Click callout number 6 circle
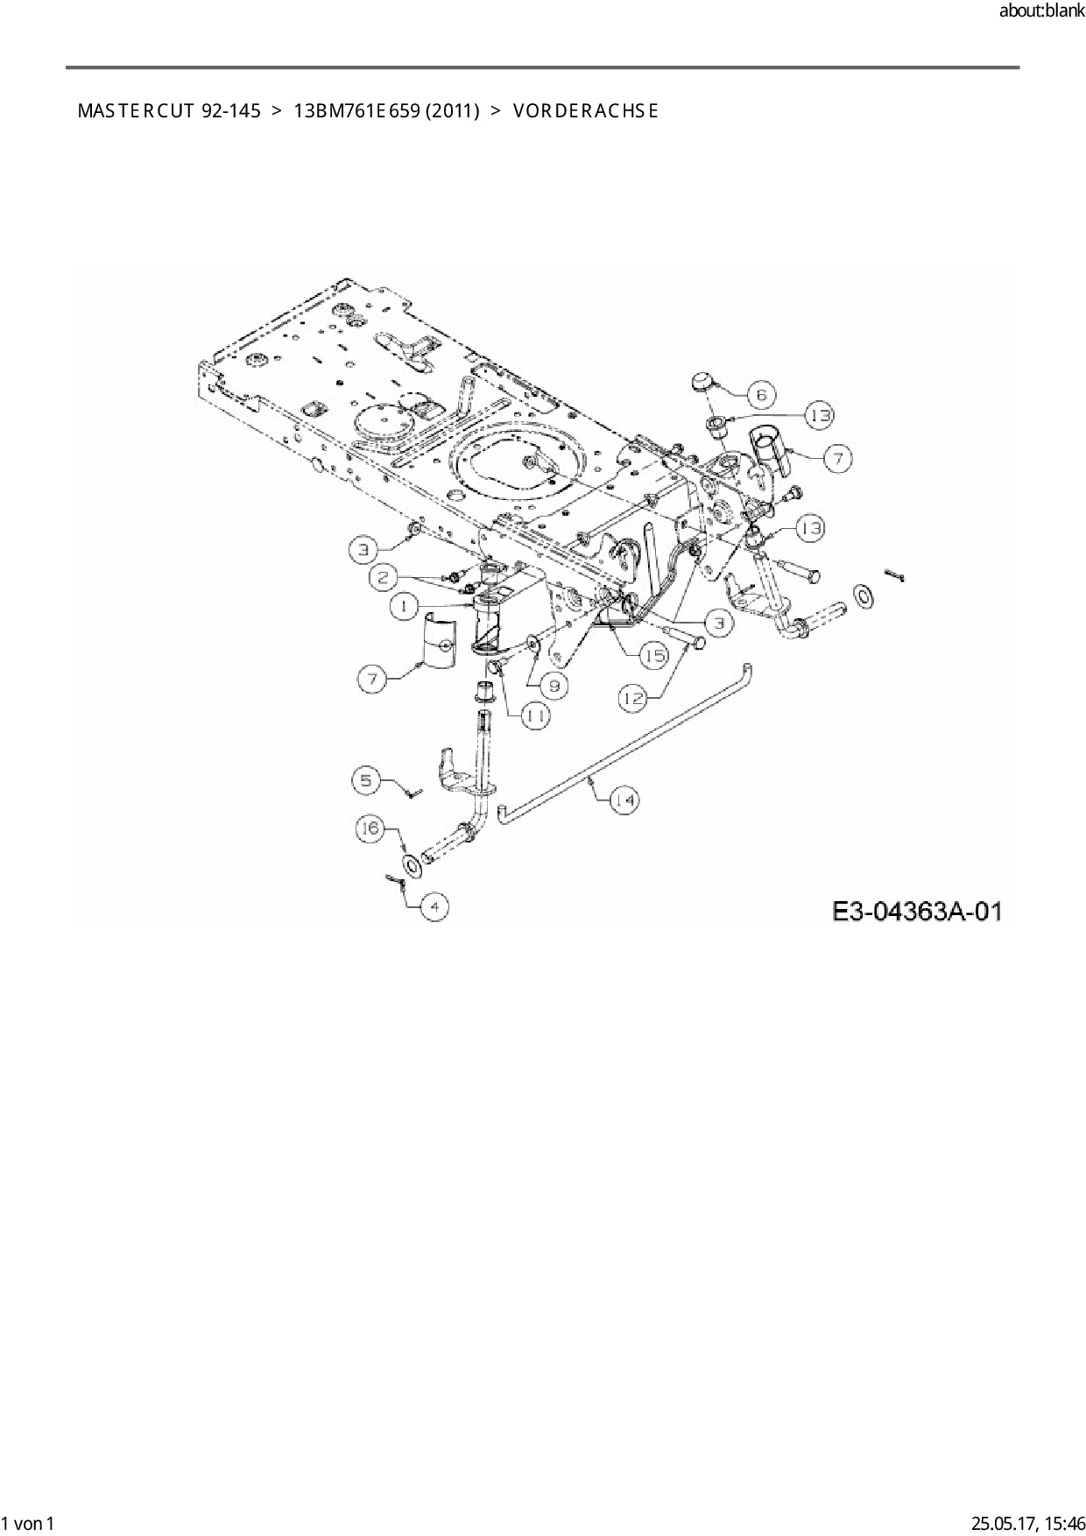point(761,395)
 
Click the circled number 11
point(536,715)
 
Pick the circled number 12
point(634,697)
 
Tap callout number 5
point(368,779)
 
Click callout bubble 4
point(434,906)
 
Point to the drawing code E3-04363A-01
point(916,912)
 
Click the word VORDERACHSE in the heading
point(585,111)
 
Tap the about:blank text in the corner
point(1041,11)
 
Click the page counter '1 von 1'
point(28,1523)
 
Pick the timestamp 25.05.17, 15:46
point(1028,1523)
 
